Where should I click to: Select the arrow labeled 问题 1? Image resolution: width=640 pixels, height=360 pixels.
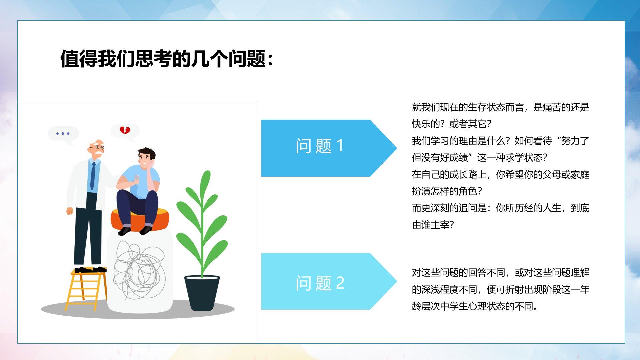[x=329, y=148]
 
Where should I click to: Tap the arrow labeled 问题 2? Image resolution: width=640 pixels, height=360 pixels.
[x=329, y=281]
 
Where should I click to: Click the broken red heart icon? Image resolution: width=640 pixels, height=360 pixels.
[x=125, y=130]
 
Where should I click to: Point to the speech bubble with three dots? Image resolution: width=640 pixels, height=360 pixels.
[x=63, y=134]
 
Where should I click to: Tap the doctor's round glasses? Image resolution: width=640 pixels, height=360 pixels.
[x=98, y=147]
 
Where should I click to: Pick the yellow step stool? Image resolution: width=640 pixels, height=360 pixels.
[x=86, y=290]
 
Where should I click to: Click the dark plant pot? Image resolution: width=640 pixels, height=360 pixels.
[x=202, y=292]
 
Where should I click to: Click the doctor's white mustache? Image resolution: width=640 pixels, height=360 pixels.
[x=97, y=153]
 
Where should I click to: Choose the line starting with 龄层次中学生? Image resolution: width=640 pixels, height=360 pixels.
[x=475, y=306]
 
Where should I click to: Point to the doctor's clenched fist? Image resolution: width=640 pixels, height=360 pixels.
[x=70, y=211]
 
